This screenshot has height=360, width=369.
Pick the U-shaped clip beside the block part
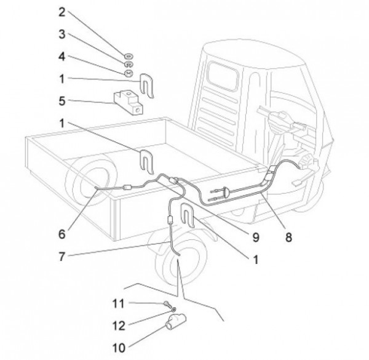(146, 85)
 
